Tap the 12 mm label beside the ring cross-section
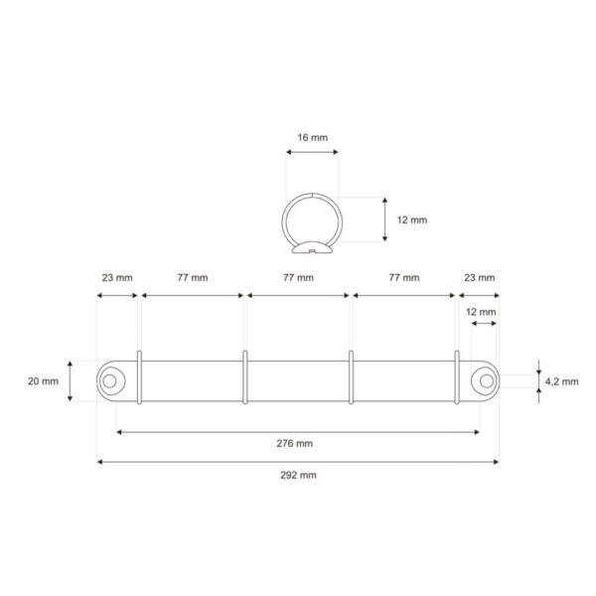pyautogui.click(x=411, y=220)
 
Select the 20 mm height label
pyautogui.click(x=44, y=380)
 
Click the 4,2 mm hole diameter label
pyautogui.click(x=562, y=379)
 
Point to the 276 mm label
pyautogui.click(x=297, y=443)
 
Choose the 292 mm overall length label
pyautogui.click(x=297, y=475)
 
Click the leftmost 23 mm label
pyautogui.click(x=116, y=278)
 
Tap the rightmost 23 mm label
pyautogui.click(x=478, y=278)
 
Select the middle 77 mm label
pyautogui.click(x=297, y=278)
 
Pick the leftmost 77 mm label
pyautogui.click(x=192, y=278)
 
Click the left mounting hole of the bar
pyautogui.click(x=110, y=379)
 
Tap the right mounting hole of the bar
pyautogui.click(x=484, y=379)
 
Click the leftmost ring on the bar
pyautogui.click(x=140, y=377)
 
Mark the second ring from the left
pyautogui.click(x=245, y=377)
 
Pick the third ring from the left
pyautogui.click(x=351, y=377)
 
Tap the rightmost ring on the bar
pyautogui.click(x=456, y=377)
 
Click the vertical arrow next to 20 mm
pyautogui.click(x=71, y=380)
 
